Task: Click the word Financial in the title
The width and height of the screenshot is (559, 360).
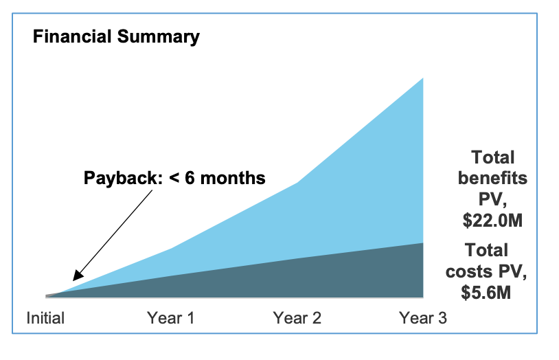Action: (x=72, y=36)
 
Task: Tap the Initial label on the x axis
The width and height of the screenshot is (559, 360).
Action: (x=45, y=318)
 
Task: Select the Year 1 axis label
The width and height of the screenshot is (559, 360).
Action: (x=171, y=318)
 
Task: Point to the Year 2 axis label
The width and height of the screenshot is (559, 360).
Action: (x=297, y=318)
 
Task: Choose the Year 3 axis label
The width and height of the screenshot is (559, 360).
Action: (x=423, y=318)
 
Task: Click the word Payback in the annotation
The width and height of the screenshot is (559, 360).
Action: (x=123, y=178)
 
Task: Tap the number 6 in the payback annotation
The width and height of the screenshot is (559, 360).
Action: (x=190, y=178)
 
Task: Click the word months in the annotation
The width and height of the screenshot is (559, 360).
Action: (x=233, y=178)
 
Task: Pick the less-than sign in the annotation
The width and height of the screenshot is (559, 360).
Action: (x=174, y=178)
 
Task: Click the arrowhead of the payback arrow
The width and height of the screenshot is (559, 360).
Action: (x=78, y=275)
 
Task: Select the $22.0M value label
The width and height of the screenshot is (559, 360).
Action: (x=492, y=220)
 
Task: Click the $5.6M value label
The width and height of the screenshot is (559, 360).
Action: (x=486, y=293)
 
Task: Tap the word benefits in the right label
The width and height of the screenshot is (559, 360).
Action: (x=492, y=178)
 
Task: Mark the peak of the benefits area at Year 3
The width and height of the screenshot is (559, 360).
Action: (x=423, y=78)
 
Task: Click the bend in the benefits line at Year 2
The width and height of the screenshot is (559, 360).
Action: (x=297, y=183)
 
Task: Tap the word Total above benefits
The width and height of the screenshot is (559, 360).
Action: (x=492, y=157)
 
